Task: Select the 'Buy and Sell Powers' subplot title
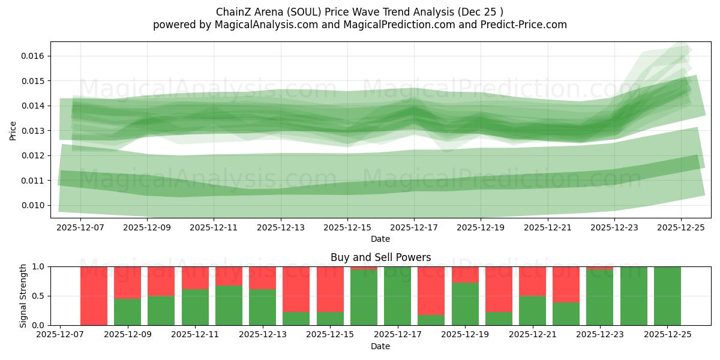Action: pyautogui.click(x=380, y=257)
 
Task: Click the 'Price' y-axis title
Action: pyautogui.click(x=13, y=130)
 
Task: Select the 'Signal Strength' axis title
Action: pyautogui.click(x=23, y=295)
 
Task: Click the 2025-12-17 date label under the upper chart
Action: pyautogui.click(x=413, y=228)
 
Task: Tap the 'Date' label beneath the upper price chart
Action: pyautogui.click(x=380, y=239)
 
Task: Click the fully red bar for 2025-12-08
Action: pyautogui.click(x=94, y=295)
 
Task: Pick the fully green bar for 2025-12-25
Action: pyautogui.click(x=668, y=295)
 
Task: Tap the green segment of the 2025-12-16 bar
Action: pyautogui.click(x=364, y=298)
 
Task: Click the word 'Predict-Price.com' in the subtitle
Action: pyautogui.click(x=525, y=25)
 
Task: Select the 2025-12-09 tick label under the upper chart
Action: pyautogui.click(x=146, y=228)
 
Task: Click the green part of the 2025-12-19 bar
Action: pyautogui.click(x=465, y=304)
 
